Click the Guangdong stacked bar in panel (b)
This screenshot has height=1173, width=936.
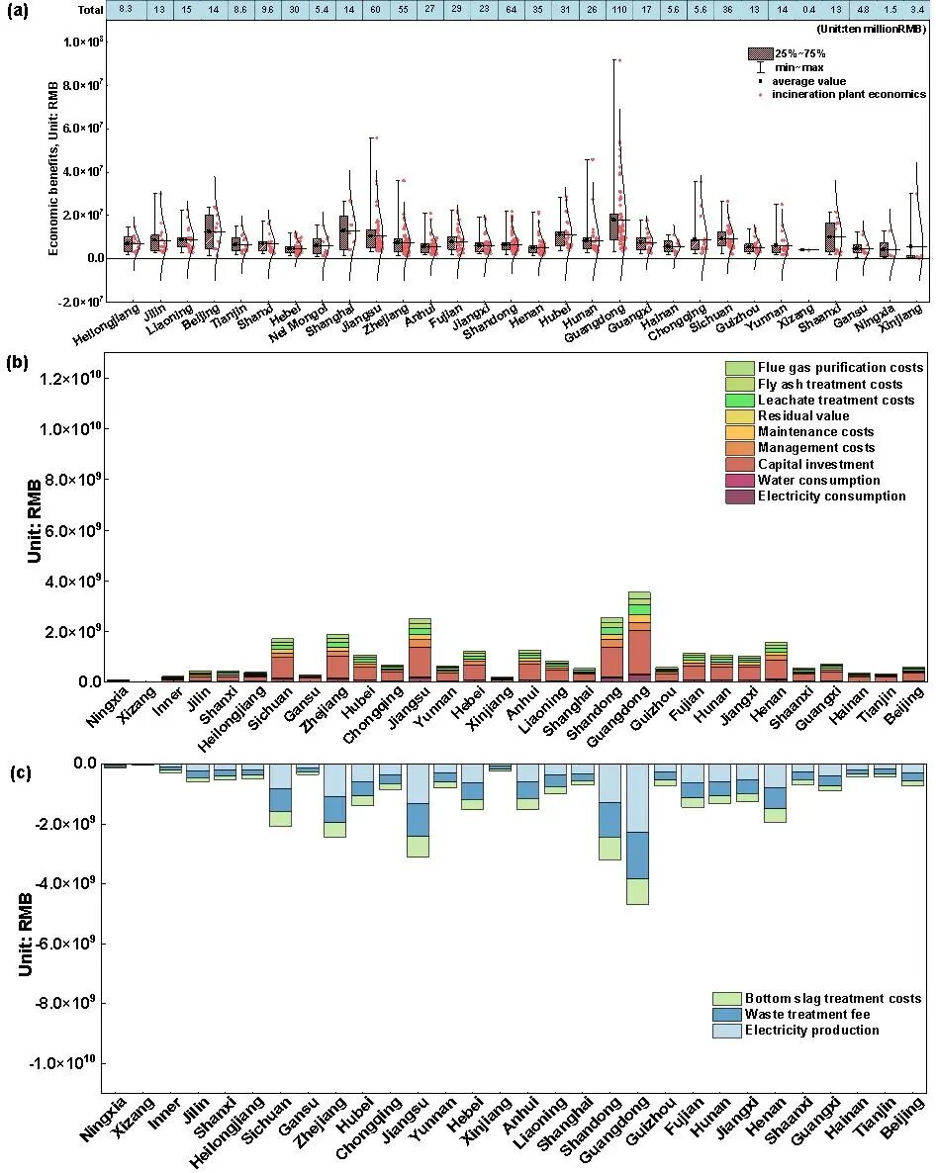[x=639, y=638]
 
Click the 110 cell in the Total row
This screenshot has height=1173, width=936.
[x=618, y=9]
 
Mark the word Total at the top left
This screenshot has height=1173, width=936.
[x=91, y=9]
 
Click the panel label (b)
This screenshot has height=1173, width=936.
[x=17, y=334]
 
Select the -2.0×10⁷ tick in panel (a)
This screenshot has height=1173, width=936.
[x=79, y=301]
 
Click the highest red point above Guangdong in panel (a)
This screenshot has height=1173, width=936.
[x=619, y=60]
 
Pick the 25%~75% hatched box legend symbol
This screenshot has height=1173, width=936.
[x=759, y=52]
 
